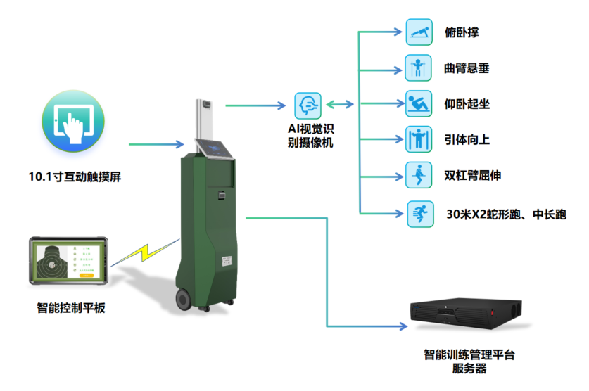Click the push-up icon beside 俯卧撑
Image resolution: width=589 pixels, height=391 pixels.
click(x=419, y=32)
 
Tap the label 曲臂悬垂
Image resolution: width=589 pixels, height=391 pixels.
click(x=467, y=69)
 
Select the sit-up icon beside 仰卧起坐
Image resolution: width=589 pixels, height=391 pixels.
click(x=419, y=104)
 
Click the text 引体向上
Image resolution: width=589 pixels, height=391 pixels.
click(x=467, y=140)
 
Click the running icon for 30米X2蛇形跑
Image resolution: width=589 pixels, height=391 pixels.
click(x=419, y=212)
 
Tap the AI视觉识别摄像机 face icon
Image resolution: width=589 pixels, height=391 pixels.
click(x=308, y=106)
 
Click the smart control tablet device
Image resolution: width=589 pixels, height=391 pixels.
click(x=68, y=260)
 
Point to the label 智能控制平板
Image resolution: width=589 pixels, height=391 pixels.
click(x=71, y=307)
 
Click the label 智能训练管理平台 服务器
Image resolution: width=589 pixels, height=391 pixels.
click(x=469, y=361)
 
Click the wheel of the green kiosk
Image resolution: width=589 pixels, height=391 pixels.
click(x=182, y=299)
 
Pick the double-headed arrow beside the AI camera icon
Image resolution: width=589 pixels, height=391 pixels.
click(x=341, y=105)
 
